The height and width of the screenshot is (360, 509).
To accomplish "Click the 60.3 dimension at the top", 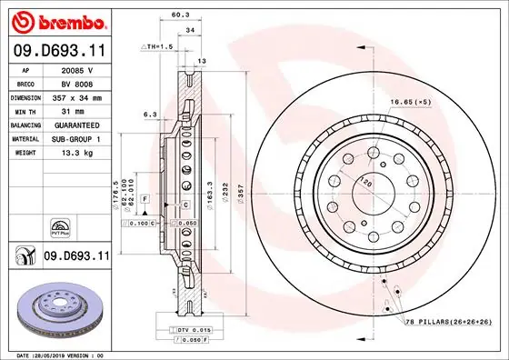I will coord(180,15).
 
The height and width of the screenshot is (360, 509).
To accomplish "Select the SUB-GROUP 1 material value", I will coord(75,138).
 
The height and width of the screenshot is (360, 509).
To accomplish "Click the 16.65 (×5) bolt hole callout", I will coord(410,104).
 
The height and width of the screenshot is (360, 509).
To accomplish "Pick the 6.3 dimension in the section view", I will coord(150,115).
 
